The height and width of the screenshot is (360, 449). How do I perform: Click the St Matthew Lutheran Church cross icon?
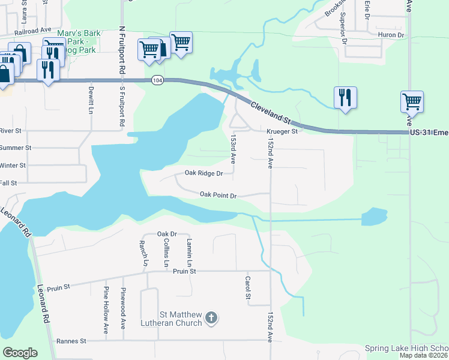(211, 317)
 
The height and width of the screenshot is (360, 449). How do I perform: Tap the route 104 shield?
(157, 80)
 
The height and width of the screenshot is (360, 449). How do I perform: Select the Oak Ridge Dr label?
(203, 173)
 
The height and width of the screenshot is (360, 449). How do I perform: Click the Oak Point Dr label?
(219, 195)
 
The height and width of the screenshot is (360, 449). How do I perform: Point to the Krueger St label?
(282, 131)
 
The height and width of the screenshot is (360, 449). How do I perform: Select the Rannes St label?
(71, 341)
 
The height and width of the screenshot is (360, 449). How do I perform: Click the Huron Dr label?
(391, 35)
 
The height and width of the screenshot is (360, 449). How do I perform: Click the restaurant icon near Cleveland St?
(345, 97)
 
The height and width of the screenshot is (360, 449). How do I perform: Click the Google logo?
(20, 353)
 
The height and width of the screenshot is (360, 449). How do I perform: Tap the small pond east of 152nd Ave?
(375, 216)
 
